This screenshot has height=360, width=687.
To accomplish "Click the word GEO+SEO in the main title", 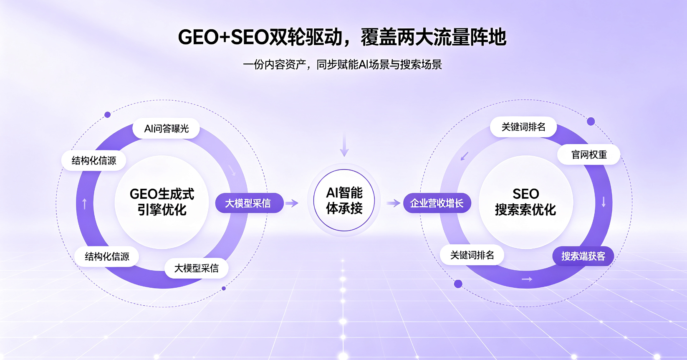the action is [224, 37].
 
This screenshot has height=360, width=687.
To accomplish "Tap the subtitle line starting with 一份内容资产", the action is [342, 64].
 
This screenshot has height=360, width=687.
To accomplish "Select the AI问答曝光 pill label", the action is [166, 128].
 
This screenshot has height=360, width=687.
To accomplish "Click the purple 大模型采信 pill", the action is [249, 203].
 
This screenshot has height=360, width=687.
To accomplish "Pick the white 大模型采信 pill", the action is [196, 268].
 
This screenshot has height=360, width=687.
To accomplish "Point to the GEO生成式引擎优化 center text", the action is [162, 202].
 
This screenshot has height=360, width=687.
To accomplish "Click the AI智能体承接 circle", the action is [344, 200].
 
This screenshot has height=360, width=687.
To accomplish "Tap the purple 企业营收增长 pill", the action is [437, 203].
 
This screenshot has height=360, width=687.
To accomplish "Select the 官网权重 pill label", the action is [589, 155].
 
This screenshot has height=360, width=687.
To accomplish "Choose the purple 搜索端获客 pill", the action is [583, 256].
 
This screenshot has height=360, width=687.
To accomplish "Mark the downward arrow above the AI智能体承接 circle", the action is [344, 145].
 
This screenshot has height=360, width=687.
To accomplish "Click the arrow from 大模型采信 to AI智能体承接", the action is [292, 203].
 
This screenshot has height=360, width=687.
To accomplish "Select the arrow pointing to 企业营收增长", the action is [394, 203].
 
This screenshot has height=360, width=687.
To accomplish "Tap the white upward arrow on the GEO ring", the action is [85, 204].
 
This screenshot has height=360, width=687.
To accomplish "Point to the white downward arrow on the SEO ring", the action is [604, 202].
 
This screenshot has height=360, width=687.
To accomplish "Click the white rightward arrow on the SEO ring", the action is [527, 279].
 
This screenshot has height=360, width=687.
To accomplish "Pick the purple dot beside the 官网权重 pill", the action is [591, 122].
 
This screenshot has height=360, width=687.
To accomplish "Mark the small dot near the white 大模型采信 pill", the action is [224, 289].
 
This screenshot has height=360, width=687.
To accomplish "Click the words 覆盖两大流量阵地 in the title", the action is [433, 37].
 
